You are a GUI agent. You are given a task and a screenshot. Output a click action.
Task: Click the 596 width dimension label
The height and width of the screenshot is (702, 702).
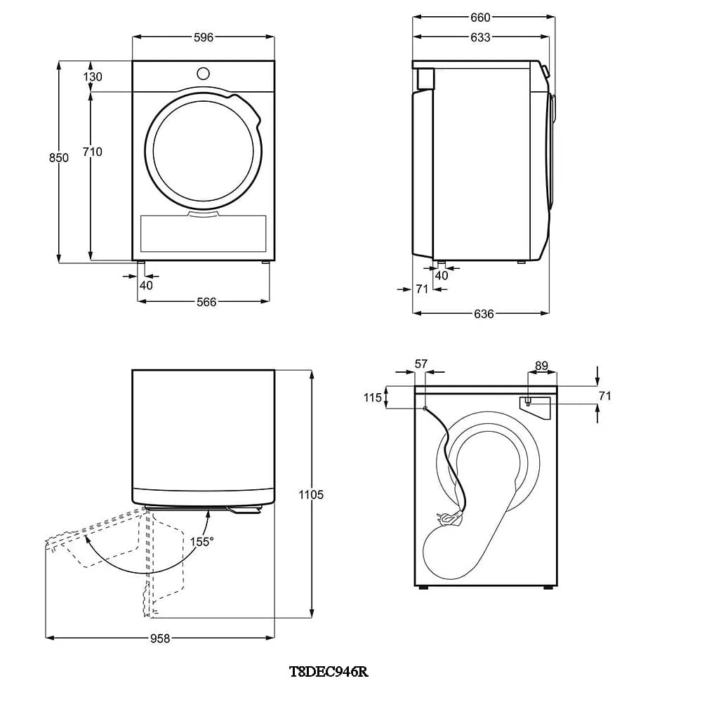coord(204,38)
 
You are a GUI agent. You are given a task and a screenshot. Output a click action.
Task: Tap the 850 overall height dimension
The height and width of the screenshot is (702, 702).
coord(59,158)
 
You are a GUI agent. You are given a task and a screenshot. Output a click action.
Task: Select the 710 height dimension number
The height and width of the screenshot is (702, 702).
coord(92,152)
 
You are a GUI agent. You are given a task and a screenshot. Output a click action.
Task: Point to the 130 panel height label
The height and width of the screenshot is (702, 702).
coord(92,77)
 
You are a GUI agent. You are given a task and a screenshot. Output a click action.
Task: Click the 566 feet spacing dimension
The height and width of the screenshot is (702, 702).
coord(206,302)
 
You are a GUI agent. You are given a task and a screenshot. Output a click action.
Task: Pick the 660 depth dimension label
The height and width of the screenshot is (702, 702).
coord(480,18)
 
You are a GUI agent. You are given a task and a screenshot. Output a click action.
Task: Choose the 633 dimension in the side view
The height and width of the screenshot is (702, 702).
coord(480,38)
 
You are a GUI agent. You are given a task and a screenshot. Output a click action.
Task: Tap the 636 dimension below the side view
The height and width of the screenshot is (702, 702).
coord(484,314)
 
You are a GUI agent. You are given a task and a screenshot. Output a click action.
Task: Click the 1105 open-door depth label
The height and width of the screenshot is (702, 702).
coord(311,495)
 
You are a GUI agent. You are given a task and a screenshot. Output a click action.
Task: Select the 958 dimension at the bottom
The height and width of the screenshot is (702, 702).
coord(160,639)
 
